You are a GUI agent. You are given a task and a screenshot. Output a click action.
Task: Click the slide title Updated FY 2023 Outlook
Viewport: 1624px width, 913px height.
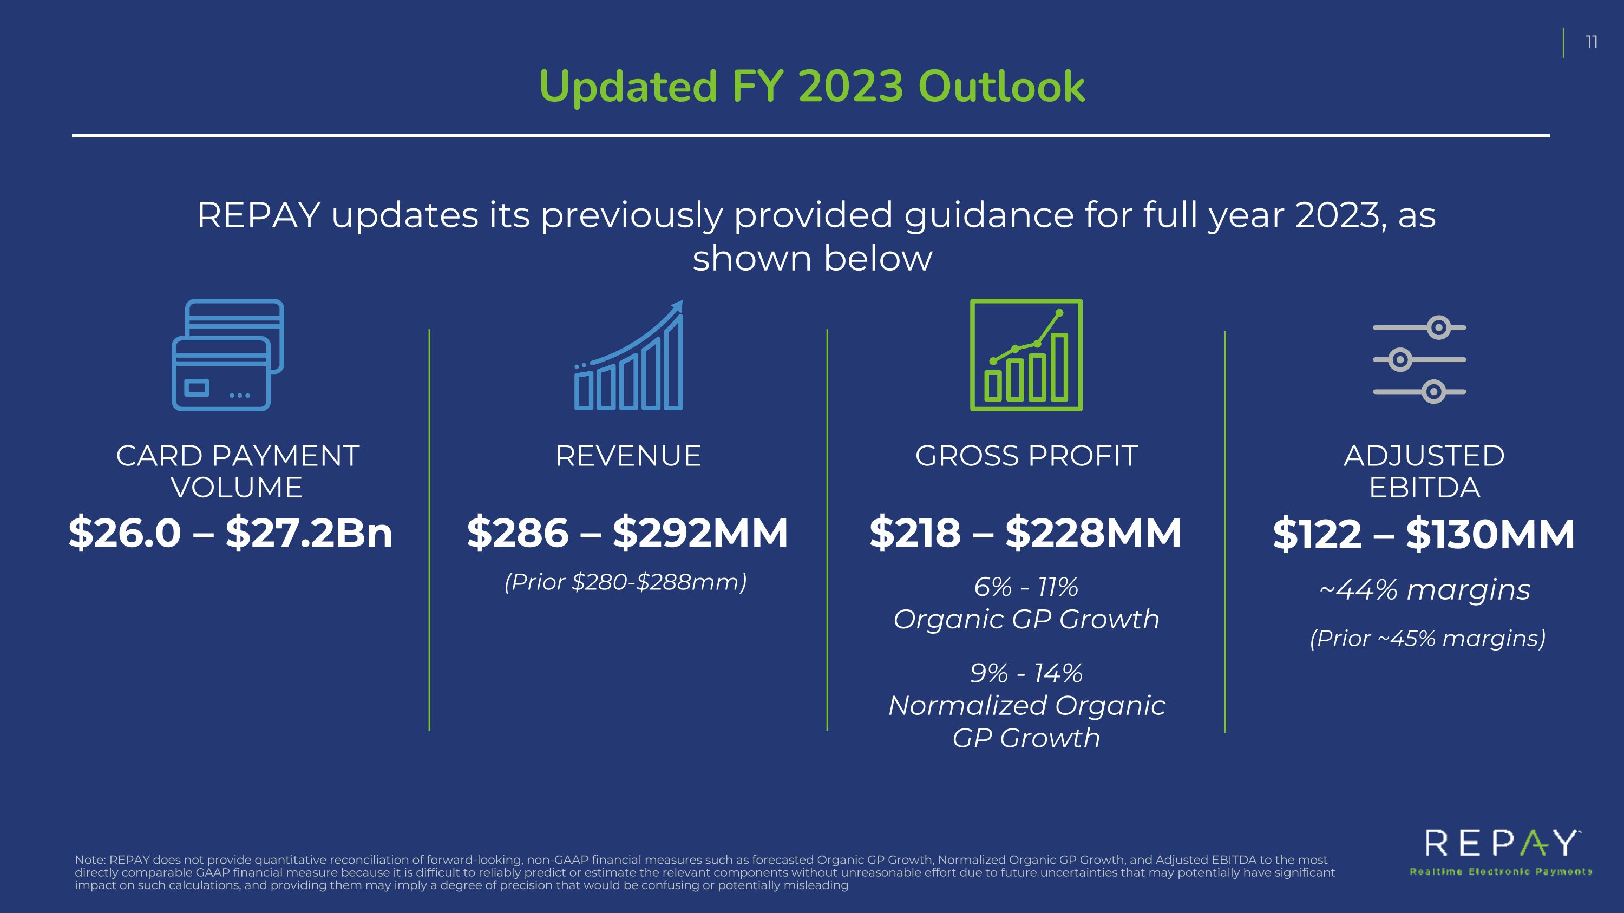tap(812, 87)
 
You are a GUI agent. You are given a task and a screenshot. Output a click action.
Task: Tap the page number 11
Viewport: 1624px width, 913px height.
tap(1591, 42)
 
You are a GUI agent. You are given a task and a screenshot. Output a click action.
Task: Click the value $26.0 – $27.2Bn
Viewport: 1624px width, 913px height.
tap(231, 533)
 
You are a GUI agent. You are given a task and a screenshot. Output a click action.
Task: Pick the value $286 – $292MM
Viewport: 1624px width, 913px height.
tap(628, 533)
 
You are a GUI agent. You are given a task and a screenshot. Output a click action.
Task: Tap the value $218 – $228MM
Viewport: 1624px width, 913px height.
tap(1026, 533)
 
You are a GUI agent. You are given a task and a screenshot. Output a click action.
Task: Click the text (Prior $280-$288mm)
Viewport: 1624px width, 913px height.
tap(625, 582)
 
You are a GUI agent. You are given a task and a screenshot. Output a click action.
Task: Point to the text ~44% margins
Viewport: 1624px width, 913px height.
tap(1425, 590)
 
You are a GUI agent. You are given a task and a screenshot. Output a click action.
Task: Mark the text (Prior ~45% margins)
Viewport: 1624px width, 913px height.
tap(1428, 638)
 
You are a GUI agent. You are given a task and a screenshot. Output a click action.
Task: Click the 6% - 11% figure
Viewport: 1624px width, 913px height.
tap(1026, 587)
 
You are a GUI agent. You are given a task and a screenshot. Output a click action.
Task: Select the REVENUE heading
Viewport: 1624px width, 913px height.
tap(628, 456)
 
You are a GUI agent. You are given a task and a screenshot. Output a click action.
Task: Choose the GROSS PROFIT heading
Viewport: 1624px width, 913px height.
tap(1026, 456)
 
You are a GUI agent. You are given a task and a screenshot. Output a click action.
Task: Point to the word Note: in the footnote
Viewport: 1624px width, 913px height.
tap(90, 860)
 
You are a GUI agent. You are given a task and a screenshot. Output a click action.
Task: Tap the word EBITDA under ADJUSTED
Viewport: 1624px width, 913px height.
tap(1425, 488)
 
